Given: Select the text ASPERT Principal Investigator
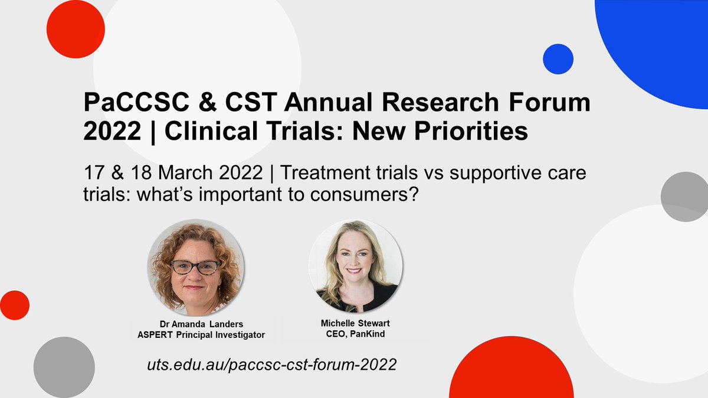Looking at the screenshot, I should click(x=194, y=335).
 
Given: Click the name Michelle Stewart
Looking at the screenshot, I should click(x=356, y=324).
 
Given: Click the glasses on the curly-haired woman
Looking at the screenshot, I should click(x=194, y=267).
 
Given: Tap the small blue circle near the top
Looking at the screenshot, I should click(x=558, y=59).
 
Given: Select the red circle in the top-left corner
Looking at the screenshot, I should click(x=76, y=29).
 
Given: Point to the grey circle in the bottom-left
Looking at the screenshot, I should click(x=64, y=366).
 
